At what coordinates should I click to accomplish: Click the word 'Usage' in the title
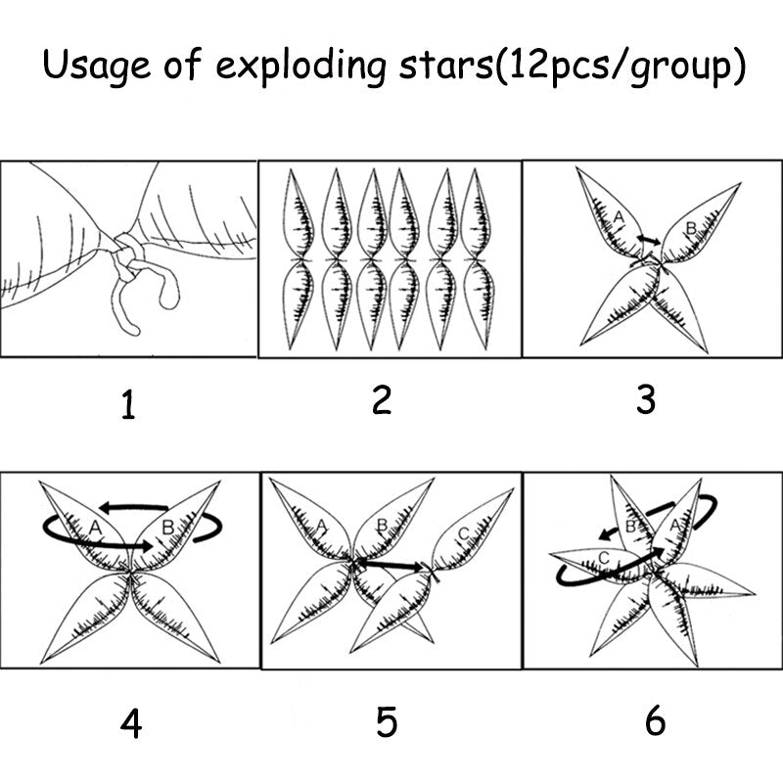[x=96, y=66]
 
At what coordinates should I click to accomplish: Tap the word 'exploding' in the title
[x=301, y=66]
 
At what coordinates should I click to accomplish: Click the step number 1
[x=128, y=404]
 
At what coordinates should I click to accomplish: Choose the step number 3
[x=646, y=399]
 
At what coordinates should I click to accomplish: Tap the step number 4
[x=131, y=723]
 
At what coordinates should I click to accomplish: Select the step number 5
[x=387, y=722]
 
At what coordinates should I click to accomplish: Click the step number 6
[x=655, y=720]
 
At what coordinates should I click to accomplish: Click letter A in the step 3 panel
[x=619, y=216]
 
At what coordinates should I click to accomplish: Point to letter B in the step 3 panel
[x=691, y=228]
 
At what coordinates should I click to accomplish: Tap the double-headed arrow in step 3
[x=649, y=240]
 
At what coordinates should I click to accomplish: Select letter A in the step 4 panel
[x=95, y=527]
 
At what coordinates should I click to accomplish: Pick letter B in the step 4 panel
[x=168, y=527]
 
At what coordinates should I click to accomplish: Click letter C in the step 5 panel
[x=463, y=534]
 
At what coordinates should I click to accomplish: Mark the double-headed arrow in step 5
[x=391, y=565]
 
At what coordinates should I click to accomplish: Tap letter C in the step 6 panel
[x=604, y=558]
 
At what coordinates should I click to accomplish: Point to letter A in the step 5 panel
[x=322, y=525]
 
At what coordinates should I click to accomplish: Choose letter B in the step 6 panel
[x=630, y=527]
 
